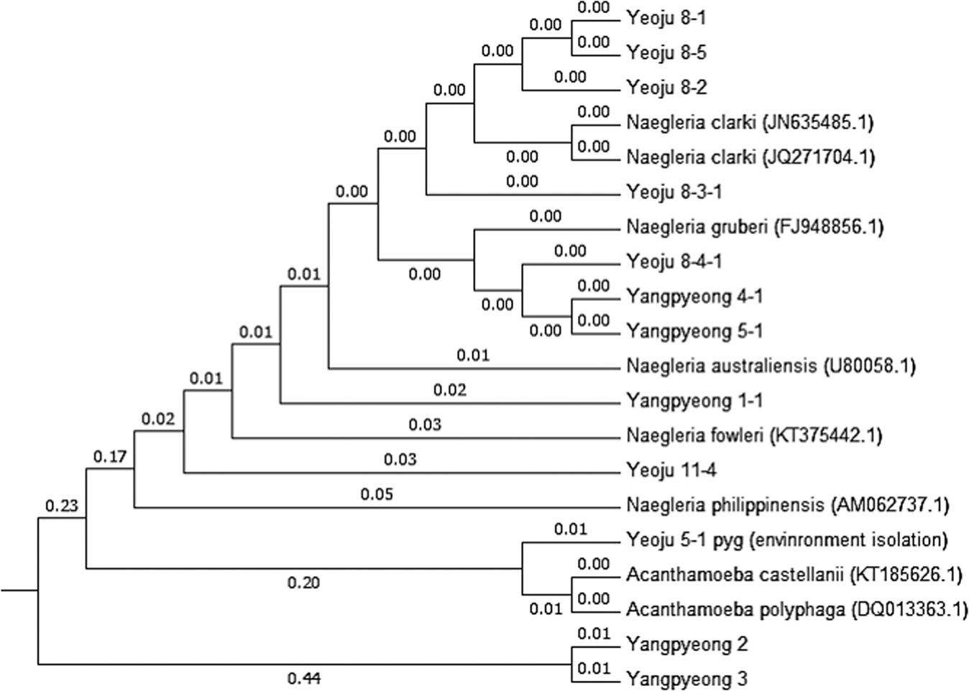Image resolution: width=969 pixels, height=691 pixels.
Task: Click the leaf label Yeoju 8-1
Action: click(x=666, y=18)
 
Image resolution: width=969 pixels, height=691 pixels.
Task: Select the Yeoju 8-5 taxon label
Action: click(x=666, y=52)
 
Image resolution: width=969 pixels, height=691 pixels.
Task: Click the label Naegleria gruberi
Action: click(x=697, y=227)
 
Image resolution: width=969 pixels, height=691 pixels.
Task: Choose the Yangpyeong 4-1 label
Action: click(x=694, y=296)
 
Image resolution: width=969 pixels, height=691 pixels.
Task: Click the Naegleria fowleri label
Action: click(x=694, y=435)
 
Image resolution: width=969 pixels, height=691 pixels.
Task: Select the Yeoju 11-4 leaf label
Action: click(x=671, y=470)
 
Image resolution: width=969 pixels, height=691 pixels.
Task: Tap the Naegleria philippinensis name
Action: click(x=725, y=505)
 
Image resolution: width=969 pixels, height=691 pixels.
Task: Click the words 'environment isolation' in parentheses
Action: click(x=848, y=539)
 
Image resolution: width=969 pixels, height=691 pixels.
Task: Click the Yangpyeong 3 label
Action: click(x=686, y=679)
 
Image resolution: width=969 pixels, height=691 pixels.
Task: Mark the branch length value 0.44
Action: click(x=303, y=677)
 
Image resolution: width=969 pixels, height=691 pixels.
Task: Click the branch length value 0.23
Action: click(x=61, y=506)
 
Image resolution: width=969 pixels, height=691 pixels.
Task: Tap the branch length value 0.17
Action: click(x=109, y=456)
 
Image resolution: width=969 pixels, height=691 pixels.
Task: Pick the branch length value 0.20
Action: click(x=303, y=583)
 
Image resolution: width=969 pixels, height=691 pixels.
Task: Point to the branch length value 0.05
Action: click(x=377, y=494)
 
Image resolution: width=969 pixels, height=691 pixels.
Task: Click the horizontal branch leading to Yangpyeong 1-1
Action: click(x=449, y=403)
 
